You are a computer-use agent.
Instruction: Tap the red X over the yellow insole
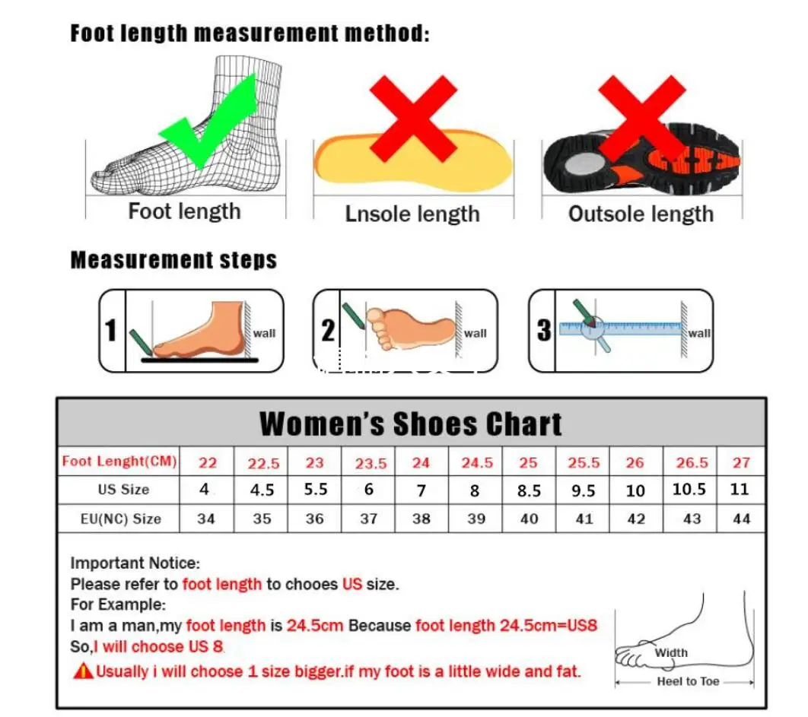[413, 118]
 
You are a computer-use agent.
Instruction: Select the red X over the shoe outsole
[641, 118]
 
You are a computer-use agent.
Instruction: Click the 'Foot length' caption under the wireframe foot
[184, 211]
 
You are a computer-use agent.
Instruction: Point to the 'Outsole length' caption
[641, 214]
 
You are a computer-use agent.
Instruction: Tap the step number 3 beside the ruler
[543, 331]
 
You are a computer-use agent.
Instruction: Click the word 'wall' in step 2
[475, 333]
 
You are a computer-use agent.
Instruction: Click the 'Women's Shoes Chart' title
[411, 424]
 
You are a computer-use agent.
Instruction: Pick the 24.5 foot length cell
[477, 462]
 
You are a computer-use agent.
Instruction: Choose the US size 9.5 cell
[583, 490]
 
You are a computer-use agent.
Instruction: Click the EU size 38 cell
[421, 519]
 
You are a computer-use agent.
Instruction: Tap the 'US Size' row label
[123, 489]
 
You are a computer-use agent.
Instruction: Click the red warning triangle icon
[82, 671]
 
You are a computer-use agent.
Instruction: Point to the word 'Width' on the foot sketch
[671, 652]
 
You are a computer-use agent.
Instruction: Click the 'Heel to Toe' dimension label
[688, 681]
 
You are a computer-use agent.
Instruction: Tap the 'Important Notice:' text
[135, 563]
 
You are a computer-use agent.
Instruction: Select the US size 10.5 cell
[689, 489]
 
